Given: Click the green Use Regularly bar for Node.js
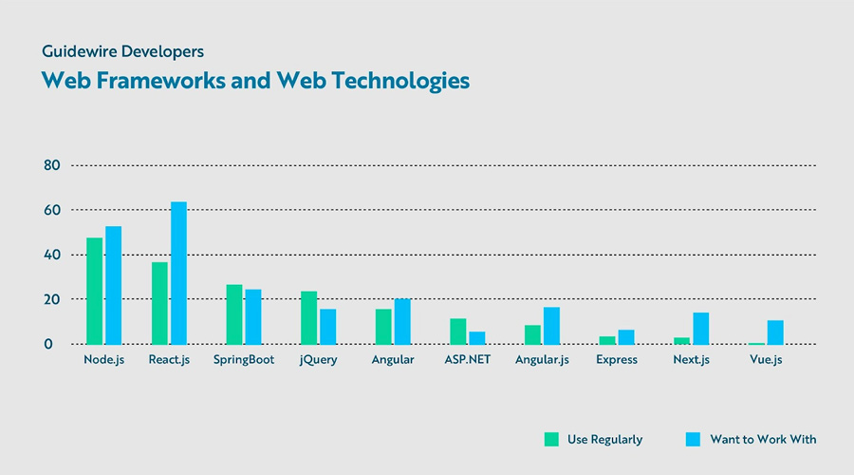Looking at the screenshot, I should click(x=94, y=291).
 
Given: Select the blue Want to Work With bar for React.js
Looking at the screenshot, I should click(x=178, y=273).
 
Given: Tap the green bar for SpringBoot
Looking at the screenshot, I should click(x=233, y=314).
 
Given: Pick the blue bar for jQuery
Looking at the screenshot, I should click(x=327, y=327).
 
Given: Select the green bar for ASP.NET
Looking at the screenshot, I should click(x=457, y=332).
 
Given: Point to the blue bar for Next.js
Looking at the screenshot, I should click(x=700, y=329).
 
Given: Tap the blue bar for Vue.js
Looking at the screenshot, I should click(x=775, y=332).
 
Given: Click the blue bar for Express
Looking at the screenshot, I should click(x=625, y=337).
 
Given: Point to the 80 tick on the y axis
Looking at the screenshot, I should click(x=52, y=165).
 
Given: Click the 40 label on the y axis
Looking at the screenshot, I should click(x=52, y=255).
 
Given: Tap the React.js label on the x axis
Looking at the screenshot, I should click(x=169, y=360).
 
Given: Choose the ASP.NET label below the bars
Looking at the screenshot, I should click(x=467, y=360).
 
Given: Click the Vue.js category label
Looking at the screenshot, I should click(x=766, y=360).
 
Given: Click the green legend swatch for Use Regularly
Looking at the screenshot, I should click(x=551, y=439).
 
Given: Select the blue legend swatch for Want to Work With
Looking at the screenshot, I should click(x=693, y=439).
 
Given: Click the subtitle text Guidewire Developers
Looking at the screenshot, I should click(x=122, y=50).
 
